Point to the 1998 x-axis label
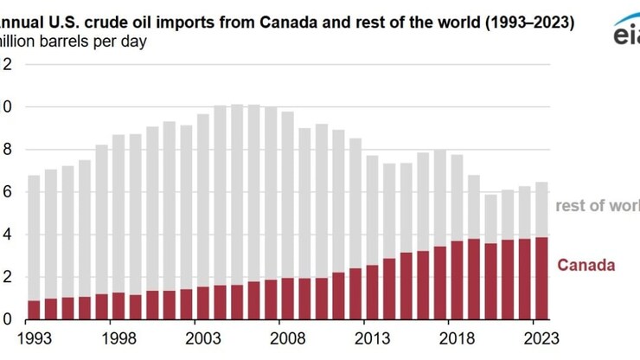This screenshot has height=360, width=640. coord(118,337)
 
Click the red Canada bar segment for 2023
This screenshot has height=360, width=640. coord(541,279)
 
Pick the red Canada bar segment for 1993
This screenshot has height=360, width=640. coord(34,310)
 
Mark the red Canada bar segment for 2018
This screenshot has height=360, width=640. coord(457,280)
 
